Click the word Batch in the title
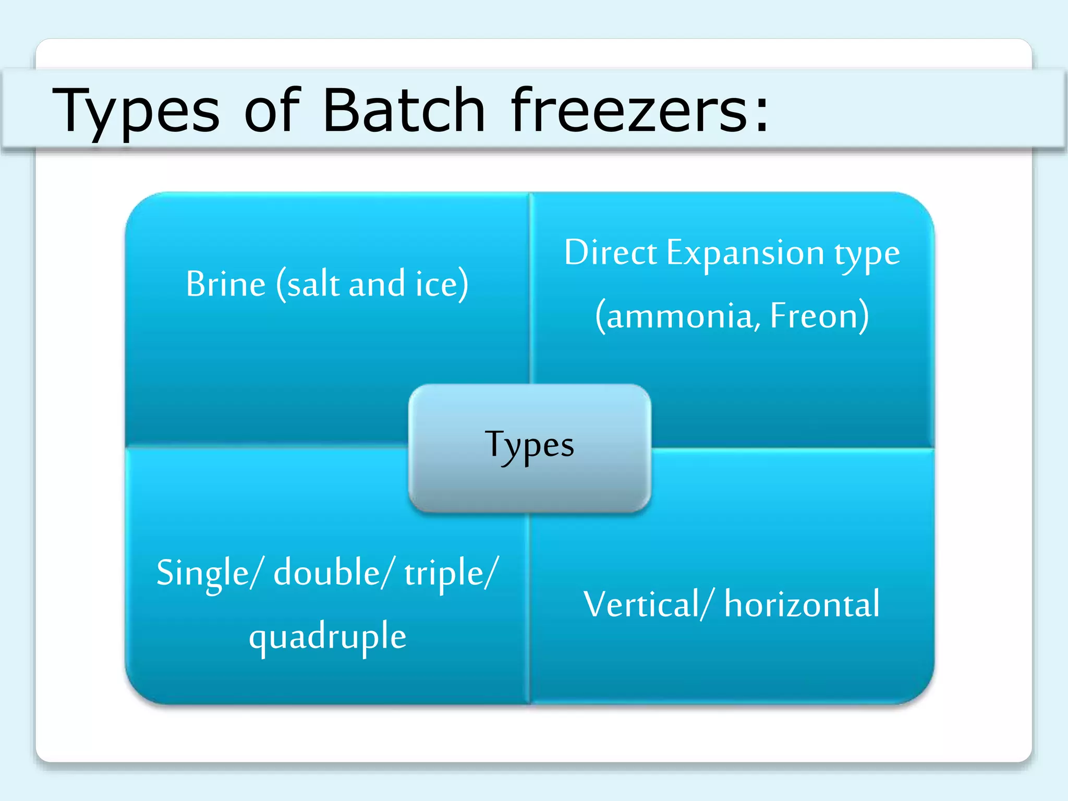(x=404, y=111)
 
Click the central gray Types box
(x=529, y=447)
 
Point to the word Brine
(x=226, y=284)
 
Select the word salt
(x=313, y=284)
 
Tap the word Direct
(x=611, y=253)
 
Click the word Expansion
(x=746, y=254)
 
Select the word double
(x=327, y=573)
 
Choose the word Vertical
(x=641, y=605)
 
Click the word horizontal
(x=802, y=605)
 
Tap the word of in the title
(x=272, y=111)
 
